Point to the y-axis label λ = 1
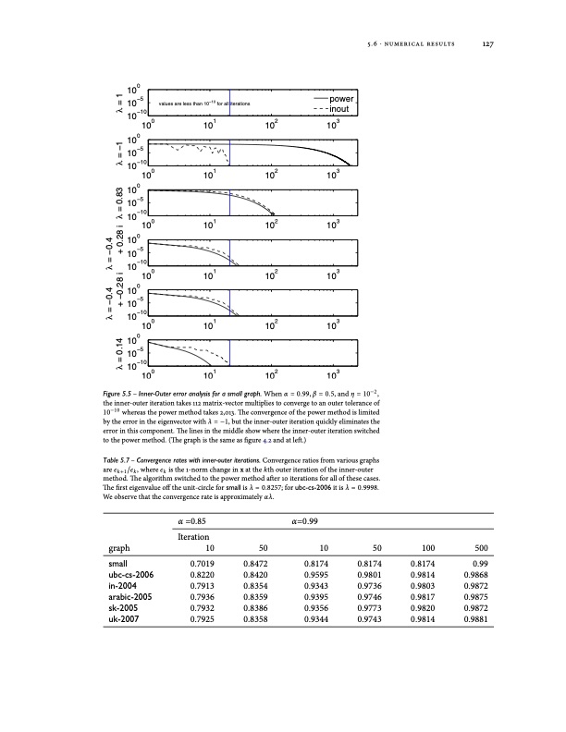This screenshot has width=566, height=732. pos(108,103)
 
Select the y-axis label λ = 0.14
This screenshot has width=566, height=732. pos(108,356)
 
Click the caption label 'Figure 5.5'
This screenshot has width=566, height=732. pos(126,395)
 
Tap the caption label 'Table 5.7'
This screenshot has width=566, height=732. pos(125,459)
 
